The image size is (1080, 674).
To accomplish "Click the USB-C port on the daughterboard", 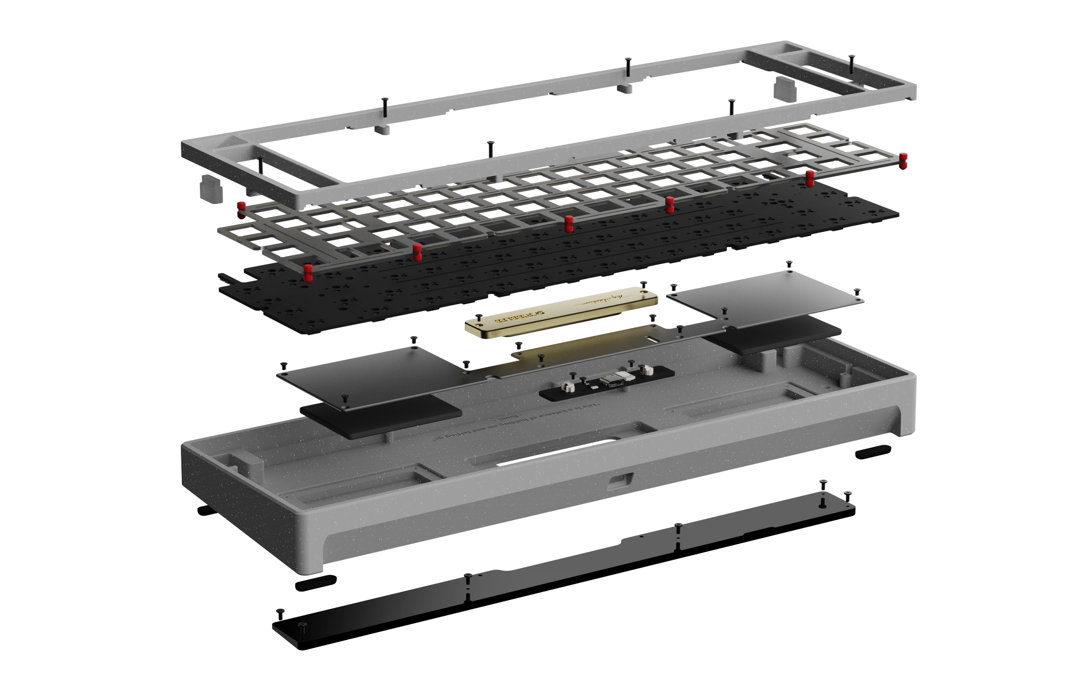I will [608, 381].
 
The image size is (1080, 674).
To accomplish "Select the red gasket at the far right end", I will [903, 161].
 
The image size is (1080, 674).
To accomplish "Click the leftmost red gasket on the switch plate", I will [241, 210].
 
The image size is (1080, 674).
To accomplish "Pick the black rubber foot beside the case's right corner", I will [872, 452].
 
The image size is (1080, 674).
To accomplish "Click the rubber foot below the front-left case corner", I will [316, 583].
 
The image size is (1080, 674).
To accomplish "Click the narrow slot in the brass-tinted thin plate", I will [652, 340].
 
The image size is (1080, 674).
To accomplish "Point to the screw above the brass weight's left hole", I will [478, 317].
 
